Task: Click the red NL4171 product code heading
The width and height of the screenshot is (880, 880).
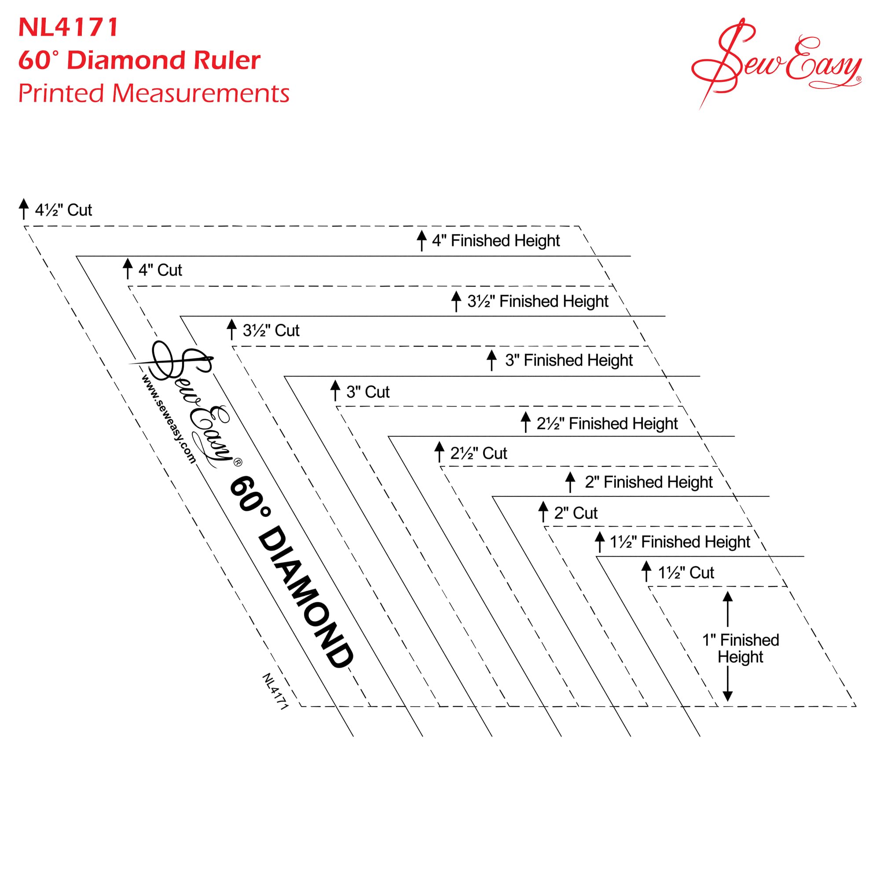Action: pos(68,27)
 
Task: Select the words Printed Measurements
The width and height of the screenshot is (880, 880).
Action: pos(154,93)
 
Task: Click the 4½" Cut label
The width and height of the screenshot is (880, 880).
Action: pos(63,210)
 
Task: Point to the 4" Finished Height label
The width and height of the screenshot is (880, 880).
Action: pos(496,241)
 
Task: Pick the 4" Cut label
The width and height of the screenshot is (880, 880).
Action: pos(160,270)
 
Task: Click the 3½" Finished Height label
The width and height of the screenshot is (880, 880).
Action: pos(538,301)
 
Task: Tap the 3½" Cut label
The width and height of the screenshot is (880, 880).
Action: pos(271,330)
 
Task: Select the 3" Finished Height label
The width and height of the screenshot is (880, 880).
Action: pos(569,360)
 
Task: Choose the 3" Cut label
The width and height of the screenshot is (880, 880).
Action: pos(368,392)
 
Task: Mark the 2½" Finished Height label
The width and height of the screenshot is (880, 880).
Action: pos(607,424)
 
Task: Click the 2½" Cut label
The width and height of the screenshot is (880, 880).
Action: pos(479,453)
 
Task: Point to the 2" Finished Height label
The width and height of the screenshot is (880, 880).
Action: pos(649,482)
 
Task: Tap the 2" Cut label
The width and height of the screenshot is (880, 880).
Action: pos(576,513)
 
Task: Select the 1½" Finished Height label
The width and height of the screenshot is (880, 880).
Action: pos(680,542)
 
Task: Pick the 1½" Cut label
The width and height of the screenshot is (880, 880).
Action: pos(686,572)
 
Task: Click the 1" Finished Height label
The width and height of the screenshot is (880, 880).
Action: pos(741,649)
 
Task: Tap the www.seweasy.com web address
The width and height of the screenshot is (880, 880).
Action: pos(169,419)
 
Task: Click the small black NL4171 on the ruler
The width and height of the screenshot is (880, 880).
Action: pos(275,691)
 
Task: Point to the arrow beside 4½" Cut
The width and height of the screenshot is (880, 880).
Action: pos(24,209)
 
